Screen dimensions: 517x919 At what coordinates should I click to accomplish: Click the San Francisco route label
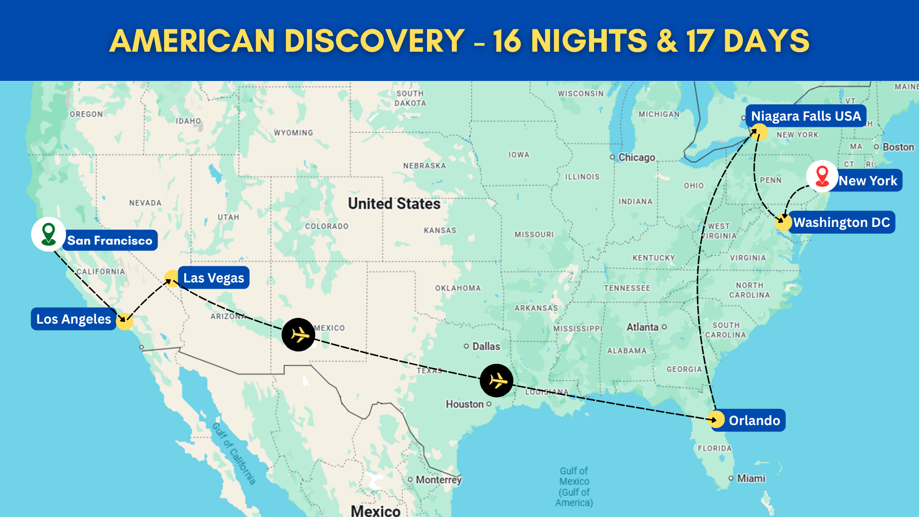pos(110,240)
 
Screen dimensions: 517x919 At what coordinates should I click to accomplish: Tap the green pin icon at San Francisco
pos(48,234)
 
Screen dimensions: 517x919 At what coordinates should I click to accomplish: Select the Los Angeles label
pos(74,319)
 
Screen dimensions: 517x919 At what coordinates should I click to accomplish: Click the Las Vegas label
pos(213,278)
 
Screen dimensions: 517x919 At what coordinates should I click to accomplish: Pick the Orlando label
pos(754,420)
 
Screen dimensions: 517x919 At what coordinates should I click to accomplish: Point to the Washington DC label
pos(841,222)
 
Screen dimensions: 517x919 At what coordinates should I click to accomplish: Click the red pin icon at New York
pos(822,176)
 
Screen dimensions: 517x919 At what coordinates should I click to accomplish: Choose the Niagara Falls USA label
pos(806,116)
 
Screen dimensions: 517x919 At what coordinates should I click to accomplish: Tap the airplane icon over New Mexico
pos(299,335)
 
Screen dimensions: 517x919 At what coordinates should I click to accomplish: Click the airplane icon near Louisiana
pos(497,381)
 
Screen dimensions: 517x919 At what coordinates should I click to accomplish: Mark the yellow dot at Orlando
pos(716,419)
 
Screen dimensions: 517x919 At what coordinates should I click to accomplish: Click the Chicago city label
pos(636,157)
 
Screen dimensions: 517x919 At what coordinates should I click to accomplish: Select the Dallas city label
pos(485,346)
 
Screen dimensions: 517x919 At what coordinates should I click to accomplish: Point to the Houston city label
pos(465,404)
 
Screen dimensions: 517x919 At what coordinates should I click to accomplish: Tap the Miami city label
pos(751,478)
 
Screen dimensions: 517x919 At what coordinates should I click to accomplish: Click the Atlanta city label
pos(642,327)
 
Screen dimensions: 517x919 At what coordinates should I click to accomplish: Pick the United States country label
pos(394,203)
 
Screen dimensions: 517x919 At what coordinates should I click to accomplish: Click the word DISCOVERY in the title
pos(374,41)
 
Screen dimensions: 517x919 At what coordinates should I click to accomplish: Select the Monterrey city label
pos(438,480)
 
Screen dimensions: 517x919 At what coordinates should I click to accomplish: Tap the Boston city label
pos(898,147)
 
